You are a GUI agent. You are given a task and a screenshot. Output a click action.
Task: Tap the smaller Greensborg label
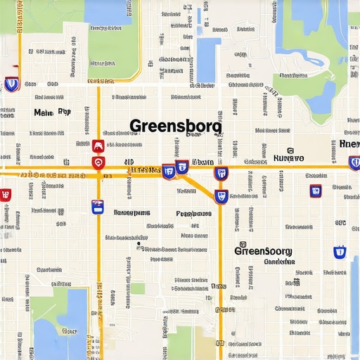(263, 250)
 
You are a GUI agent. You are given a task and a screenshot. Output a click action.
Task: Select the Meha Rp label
(53, 112)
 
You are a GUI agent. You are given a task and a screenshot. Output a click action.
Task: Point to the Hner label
(349, 143)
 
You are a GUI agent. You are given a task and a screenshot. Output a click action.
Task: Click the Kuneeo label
(288, 157)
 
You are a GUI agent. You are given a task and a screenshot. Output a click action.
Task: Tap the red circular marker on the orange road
(98, 163)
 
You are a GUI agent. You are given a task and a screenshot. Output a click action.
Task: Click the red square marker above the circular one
(98, 146)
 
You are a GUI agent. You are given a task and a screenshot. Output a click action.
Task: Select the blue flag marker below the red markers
(98, 206)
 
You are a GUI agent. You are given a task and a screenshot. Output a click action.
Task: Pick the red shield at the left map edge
(6, 195)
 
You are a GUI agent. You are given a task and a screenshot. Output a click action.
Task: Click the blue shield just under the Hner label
(354, 162)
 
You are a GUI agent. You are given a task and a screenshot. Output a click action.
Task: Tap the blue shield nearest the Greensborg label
(340, 252)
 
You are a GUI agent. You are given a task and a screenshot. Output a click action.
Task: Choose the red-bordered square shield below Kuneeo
(316, 190)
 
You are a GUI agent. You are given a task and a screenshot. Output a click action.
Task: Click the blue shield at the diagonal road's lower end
(221, 197)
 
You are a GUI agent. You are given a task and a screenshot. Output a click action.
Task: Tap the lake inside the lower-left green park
(63, 330)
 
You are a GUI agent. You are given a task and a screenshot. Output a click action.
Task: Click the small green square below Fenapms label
(139, 288)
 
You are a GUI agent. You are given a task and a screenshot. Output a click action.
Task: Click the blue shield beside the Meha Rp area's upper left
(11, 84)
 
